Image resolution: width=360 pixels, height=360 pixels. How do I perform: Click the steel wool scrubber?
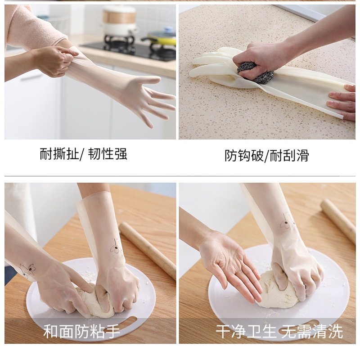coord(255,72)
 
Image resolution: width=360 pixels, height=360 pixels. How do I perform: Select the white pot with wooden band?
coord(119,21)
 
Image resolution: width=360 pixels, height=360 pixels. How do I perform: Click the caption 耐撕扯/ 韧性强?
coord(83,153)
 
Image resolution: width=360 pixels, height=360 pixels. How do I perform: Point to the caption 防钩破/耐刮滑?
coord(267,155)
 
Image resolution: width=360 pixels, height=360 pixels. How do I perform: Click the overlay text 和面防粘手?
coord(82,331)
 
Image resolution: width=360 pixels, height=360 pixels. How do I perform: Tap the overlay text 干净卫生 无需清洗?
coord(279,331)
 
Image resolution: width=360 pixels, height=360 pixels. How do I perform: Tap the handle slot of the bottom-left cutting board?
coord(121,324)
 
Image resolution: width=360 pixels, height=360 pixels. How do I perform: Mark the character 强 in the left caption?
coord(121,153)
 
